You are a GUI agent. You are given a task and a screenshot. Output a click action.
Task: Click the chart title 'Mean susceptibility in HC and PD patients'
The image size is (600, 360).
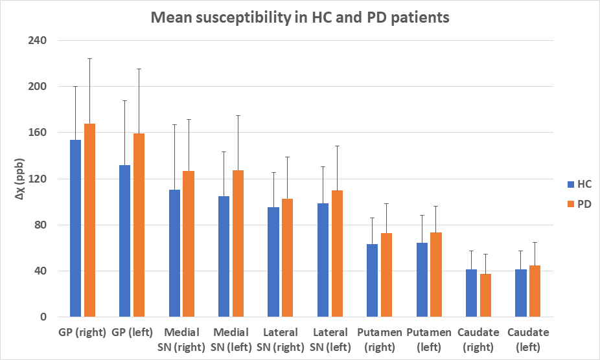click(x=299, y=17)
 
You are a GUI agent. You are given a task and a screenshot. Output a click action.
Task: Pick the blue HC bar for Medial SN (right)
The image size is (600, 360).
click(x=174, y=253)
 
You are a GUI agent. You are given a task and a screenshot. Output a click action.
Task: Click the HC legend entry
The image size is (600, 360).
click(x=578, y=184)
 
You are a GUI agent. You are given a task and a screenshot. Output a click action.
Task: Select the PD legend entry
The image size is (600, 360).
click(x=578, y=204)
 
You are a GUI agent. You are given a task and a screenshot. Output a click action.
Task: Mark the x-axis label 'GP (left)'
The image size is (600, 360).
click(x=132, y=333)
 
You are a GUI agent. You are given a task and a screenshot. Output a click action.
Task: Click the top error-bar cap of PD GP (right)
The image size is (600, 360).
click(x=89, y=59)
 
